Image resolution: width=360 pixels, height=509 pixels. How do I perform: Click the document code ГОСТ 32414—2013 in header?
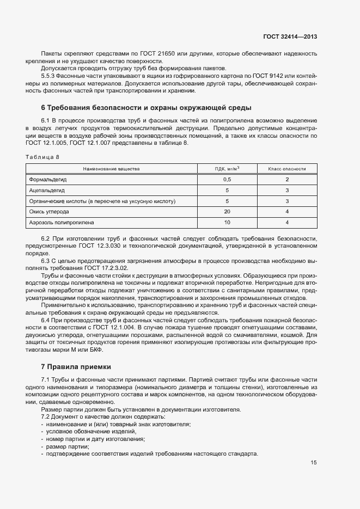click(290, 37)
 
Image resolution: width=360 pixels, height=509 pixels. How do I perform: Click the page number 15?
click(314, 463)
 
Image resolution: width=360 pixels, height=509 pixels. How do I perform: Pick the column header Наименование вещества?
click(111, 169)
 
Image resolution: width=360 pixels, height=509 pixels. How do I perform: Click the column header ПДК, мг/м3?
click(227, 169)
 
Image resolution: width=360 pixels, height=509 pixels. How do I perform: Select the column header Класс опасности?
click(286, 169)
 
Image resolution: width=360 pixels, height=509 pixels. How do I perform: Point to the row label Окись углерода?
click(49, 212)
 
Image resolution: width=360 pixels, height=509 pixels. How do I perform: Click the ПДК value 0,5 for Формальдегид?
click(227, 180)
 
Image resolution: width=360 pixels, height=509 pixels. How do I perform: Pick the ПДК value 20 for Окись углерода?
click(227, 212)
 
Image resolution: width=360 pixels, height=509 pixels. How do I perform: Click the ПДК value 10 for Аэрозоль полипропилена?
click(227, 223)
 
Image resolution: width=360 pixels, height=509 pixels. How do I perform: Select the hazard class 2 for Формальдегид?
click(286, 180)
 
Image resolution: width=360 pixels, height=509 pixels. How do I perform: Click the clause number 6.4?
click(46, 320)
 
